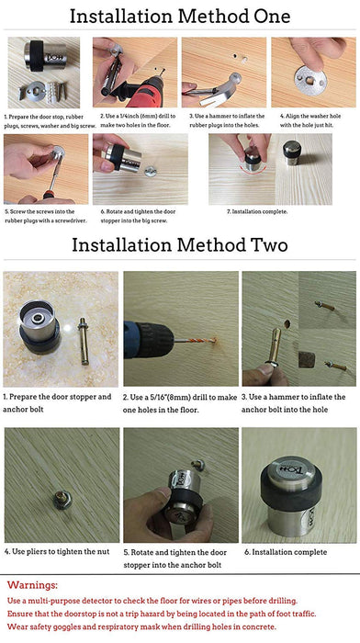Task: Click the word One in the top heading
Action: pos(270,17)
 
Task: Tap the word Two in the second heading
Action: pos(267,245)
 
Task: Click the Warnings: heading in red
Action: pos(33,585)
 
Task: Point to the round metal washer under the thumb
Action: pos(310,80)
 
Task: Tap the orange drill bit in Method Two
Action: pos(196,340)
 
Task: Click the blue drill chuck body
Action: pos(148,340)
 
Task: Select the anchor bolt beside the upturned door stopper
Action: pos(84,341)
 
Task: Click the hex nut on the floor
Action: pos(62,501)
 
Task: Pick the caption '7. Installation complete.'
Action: pos(257,211)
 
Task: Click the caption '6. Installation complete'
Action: pos(286,552)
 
